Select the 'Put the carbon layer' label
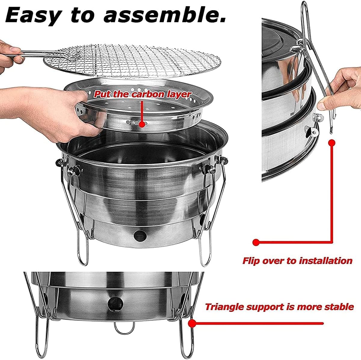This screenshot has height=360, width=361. point(142,94)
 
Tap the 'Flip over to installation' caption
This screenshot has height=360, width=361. point(297,261)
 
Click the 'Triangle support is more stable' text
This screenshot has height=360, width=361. point(279,307)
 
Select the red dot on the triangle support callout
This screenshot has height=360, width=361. point(192,323)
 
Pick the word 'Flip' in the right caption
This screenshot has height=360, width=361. point(251,261)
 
